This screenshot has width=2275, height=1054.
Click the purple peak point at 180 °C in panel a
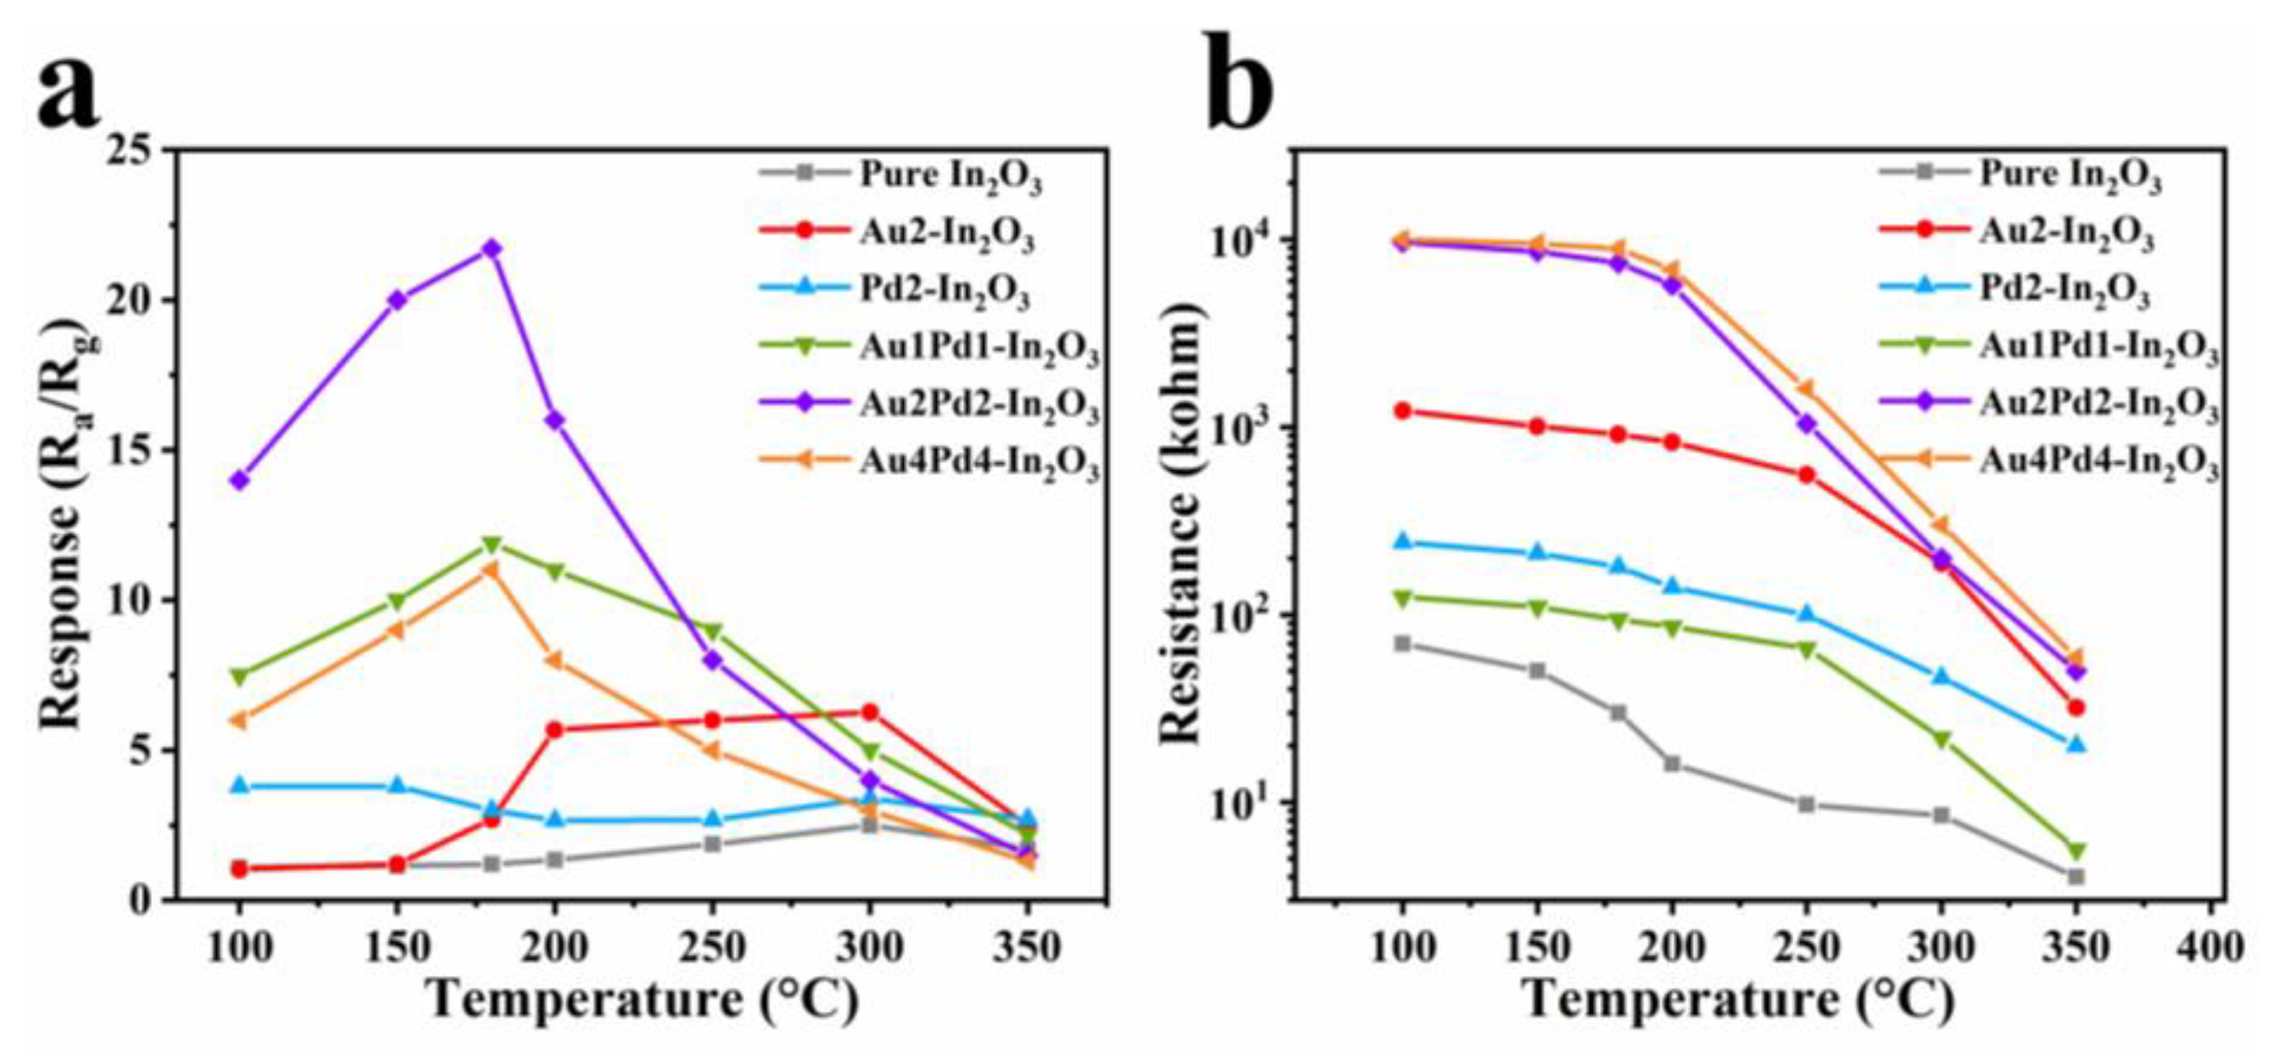492,249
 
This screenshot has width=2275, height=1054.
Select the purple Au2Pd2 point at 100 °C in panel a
240,480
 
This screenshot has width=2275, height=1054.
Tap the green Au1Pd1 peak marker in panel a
492,545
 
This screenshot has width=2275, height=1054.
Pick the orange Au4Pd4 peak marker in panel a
491,570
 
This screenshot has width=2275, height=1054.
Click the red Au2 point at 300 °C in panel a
870,711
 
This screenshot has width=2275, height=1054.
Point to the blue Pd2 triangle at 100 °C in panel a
240,786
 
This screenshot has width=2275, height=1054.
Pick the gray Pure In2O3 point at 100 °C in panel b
1401,643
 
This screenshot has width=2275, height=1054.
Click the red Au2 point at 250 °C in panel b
1806,474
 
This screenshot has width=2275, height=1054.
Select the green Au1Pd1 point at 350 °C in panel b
2076,850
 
